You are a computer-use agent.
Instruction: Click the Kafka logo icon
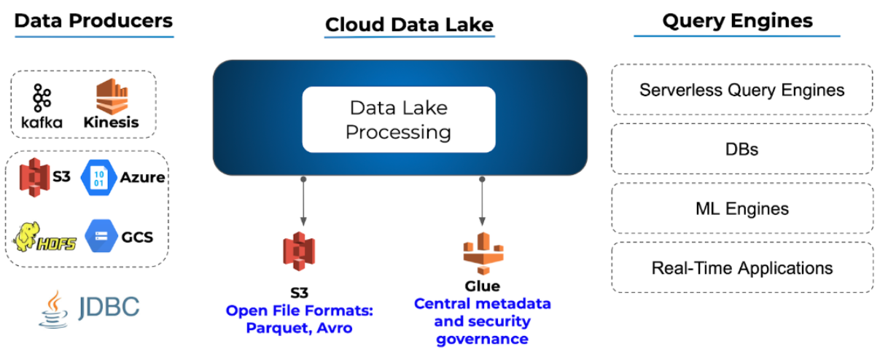(x=42, y=98)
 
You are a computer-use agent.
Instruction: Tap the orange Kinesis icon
(x=112, y=96)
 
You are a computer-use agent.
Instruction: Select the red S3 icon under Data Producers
(x=35, y=177)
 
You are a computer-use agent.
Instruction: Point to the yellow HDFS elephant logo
(x=44, y=237)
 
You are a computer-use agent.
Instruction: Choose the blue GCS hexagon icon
(x=101, y=236)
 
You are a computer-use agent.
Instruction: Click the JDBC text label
(x=109, y=307)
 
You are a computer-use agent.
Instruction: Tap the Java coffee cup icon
(x=54, y=310)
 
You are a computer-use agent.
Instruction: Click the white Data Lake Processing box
(x=398, y=120)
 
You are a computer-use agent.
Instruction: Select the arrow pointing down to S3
(x=303, y=201)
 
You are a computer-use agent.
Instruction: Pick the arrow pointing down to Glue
(x=482, y=201)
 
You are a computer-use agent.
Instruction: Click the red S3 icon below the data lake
(x=299, y=251)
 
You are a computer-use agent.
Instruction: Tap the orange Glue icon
(x=483, y=254)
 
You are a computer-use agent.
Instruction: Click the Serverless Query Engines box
(x=741, y=90)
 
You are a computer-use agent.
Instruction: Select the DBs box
(x=741, y=149)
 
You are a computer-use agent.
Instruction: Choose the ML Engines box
(x=741, y=208)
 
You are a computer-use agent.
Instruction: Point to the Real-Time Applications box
(x=741, y=267)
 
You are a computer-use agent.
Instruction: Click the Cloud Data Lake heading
(x=409, y=25)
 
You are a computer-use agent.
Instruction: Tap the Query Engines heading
(x=737, y=20)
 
